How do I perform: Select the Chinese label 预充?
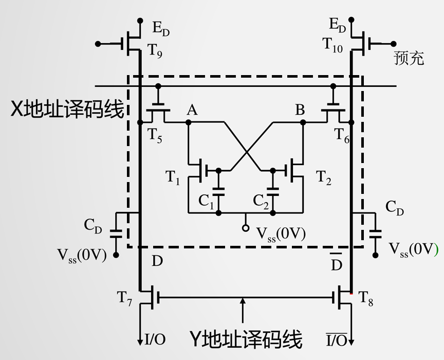tap(409, 58)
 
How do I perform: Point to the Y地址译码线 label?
tap(246, 339)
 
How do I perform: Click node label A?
tap(193, 109)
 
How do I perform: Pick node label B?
tap(300, 109)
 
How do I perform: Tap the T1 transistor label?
tap(173, 178)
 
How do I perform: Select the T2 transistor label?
tap(324, 178)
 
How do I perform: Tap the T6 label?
tap(342, 135)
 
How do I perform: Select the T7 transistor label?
tap(125, 297)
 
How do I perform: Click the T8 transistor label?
tap(365, 297)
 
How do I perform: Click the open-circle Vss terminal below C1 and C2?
tap(246, 227)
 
